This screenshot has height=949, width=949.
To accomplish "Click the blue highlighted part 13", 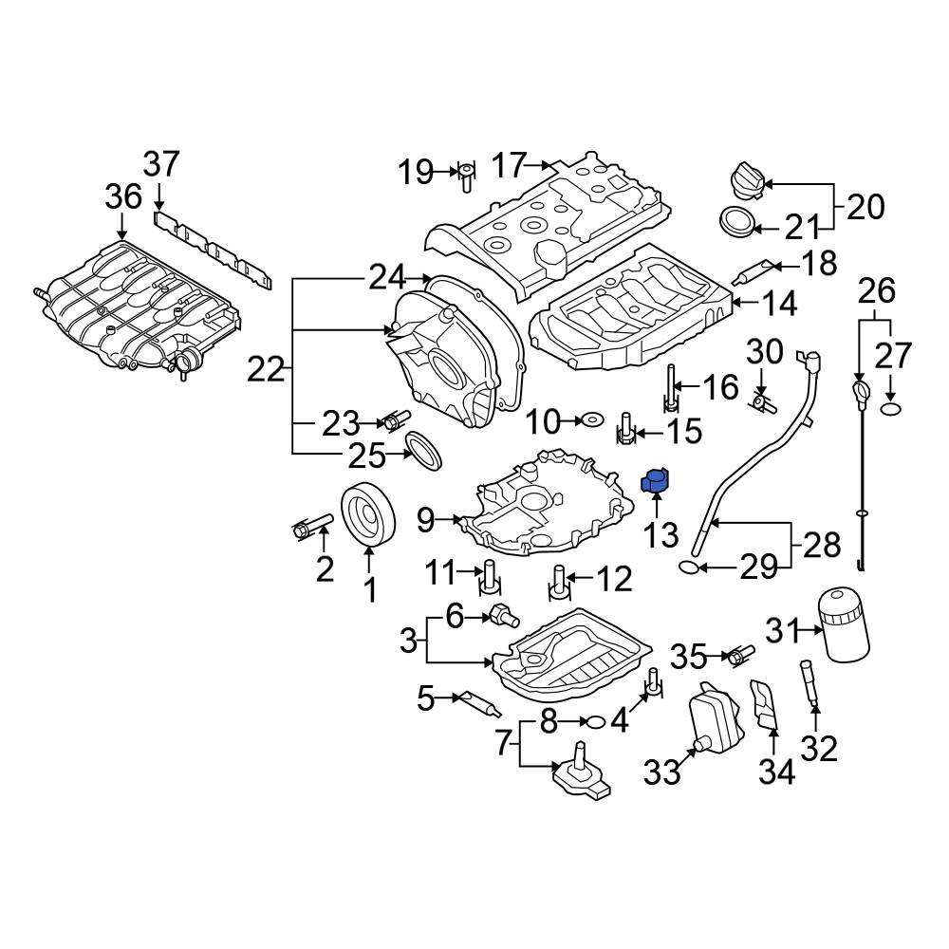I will click(656, 482).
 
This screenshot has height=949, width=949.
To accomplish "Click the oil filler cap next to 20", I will click(746, 179).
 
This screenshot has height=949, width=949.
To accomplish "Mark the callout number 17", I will click(509, 166).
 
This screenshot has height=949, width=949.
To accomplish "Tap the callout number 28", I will click(822, 545).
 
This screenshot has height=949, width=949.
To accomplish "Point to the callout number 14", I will click(779, 304).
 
